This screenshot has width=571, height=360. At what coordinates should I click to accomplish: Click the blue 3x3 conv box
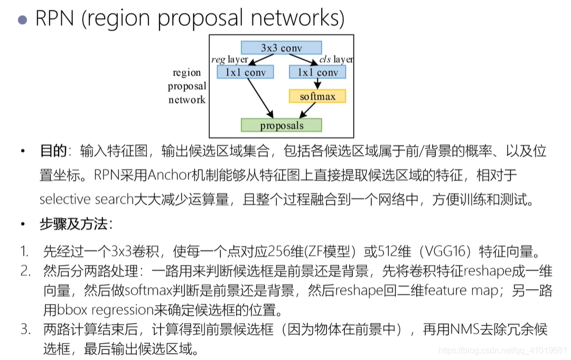[x=281, y=48]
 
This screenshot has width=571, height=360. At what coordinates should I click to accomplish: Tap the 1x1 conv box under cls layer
[x=317, y=72]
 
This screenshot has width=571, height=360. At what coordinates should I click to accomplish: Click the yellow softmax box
[x=317, y=97]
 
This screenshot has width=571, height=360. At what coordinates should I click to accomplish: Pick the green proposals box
[x=281, y=126]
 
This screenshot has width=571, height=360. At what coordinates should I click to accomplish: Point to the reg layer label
[x=230, y=60]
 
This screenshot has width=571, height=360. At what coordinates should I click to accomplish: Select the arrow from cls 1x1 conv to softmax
[x=317, y=84]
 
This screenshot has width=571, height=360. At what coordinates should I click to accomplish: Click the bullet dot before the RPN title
[x=22, y=20]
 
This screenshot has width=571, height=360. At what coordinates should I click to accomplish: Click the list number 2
[x=24, y=271]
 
